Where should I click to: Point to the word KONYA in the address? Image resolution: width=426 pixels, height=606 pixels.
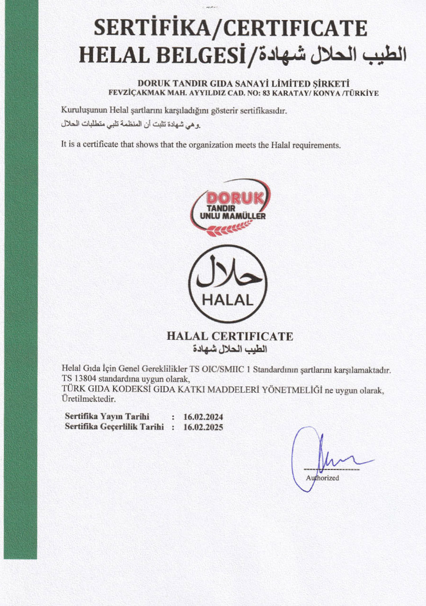click(323, 93)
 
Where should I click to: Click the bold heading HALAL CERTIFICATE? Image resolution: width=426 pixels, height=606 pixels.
click(230, 336)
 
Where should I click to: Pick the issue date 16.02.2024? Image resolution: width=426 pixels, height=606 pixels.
click(203, 417)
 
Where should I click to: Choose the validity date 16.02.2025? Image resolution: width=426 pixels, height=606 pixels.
click(203, 427)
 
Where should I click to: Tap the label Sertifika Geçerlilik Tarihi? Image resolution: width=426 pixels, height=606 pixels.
click(114, 427)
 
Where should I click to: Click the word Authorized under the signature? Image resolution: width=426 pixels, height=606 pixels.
click(323, 477)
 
